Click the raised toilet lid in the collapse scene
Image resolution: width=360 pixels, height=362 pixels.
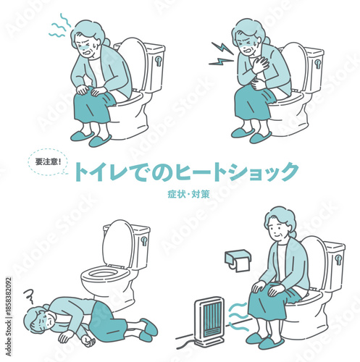pos(118,243)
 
